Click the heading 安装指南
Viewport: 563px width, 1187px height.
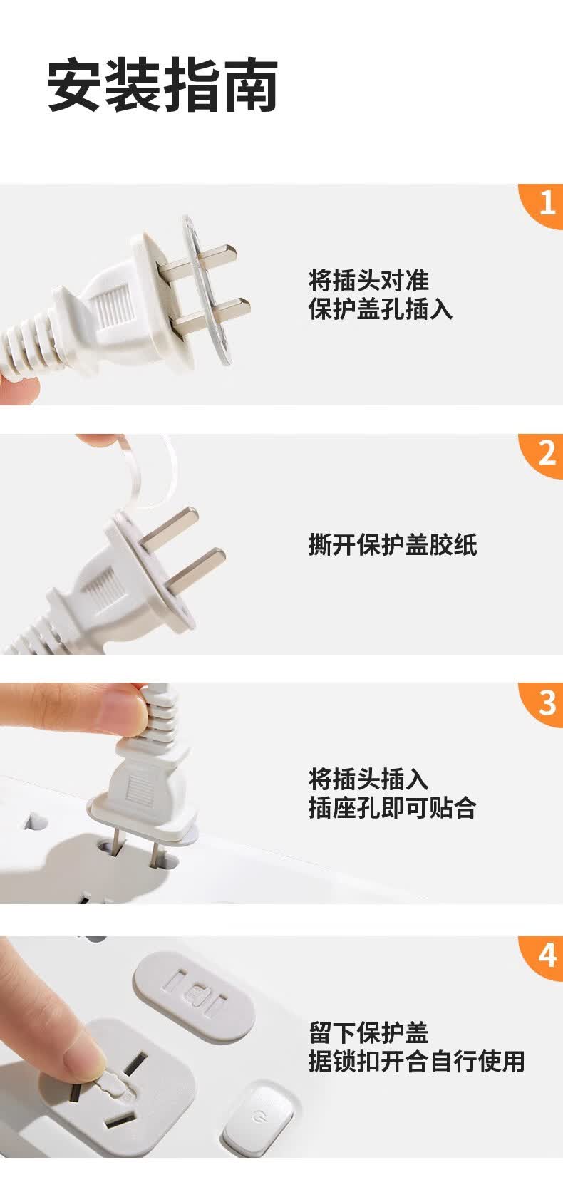pos(162,87)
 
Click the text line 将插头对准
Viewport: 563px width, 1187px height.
pos(368,279)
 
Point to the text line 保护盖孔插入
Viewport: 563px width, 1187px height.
pos(381,309)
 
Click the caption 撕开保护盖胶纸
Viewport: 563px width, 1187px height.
pos(392,544)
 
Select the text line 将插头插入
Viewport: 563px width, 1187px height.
pos(368,779)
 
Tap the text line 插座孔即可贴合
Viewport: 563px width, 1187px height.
pos(392,808)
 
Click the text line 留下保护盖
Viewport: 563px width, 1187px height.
pos(368,1032)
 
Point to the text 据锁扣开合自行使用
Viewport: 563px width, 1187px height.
pos(416,1061)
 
